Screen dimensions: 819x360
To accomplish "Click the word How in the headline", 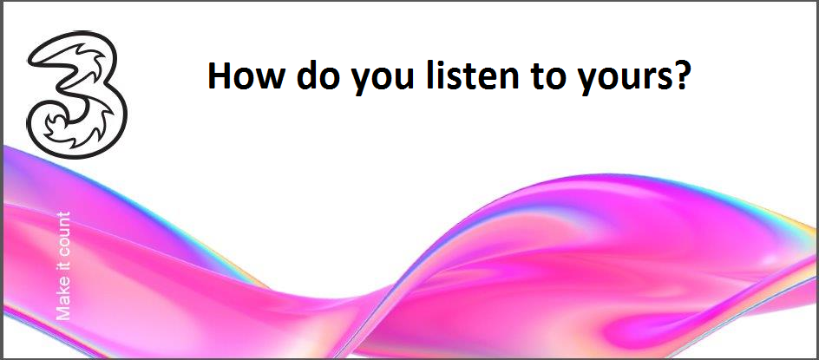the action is [x=247, y=75].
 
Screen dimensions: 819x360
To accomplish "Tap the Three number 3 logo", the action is [x=77, y=95].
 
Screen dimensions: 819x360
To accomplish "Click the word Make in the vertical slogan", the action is [x=62, y=302].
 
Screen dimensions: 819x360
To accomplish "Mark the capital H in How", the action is [x=219, y=76].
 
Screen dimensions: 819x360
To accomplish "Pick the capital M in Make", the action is [x=62, y=312].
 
